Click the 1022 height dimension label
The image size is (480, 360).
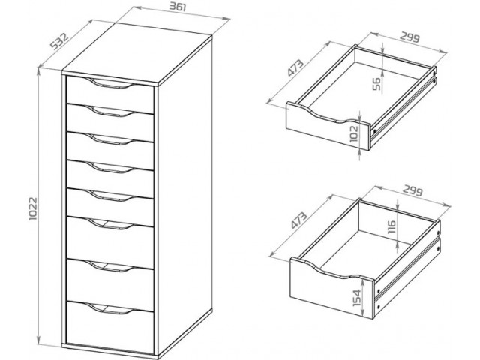click(33, 208)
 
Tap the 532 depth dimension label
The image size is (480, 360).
click(59, 41)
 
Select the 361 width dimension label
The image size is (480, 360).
click(178, 7)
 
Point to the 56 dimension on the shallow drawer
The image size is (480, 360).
click(377, 84)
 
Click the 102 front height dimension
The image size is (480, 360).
click(353, 133)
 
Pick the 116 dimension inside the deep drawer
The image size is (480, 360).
click(391, 226)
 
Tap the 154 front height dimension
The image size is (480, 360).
click(357, 298)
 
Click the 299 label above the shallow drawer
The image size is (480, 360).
click(410, 37)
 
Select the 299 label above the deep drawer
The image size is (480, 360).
click(413, 190)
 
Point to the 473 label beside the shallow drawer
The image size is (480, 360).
click(295, 67)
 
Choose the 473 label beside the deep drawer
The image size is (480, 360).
click(298, 220)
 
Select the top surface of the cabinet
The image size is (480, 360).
click(137, 53)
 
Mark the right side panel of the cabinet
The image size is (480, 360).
click(185, 196)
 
